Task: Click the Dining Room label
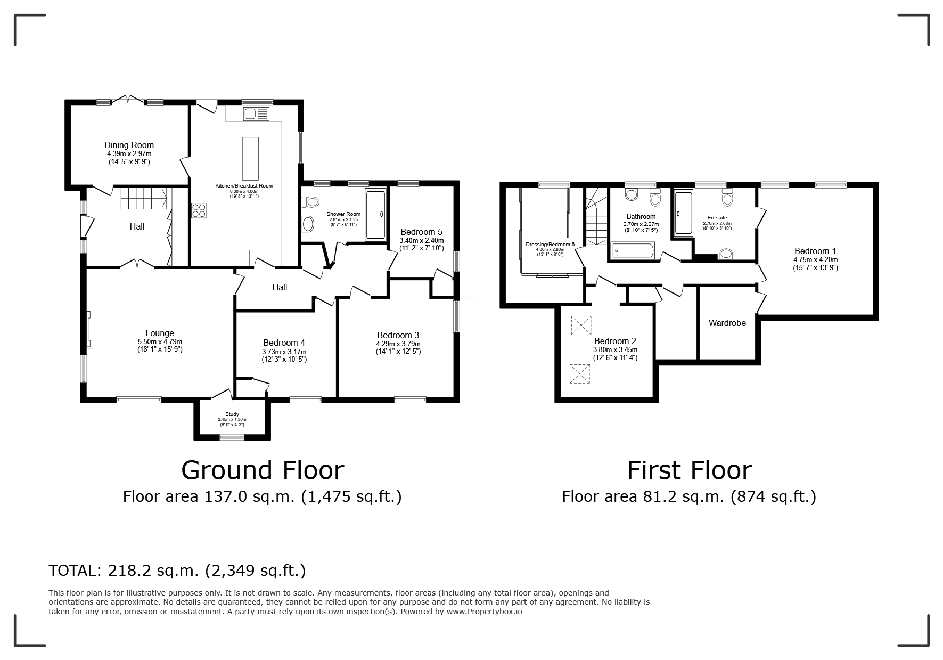tap(129, 145)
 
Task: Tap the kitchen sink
tap(257, 113)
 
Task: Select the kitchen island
tap(250, 159)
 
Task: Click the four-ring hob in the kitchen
tap(199, 210)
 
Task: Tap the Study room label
tap(232, 414)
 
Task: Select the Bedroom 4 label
tap(284, 343)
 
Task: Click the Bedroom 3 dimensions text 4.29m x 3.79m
tap(398, 344)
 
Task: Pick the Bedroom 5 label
tap(421, 232)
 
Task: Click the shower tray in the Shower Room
tap(375, 213)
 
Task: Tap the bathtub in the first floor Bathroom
tap(633, 250)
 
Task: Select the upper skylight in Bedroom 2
tap(581, 325)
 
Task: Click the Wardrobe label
tap(727, 323)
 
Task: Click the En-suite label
tap(717, 218)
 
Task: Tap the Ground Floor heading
tap(263, 470)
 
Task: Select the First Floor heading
tap(690, 470)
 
